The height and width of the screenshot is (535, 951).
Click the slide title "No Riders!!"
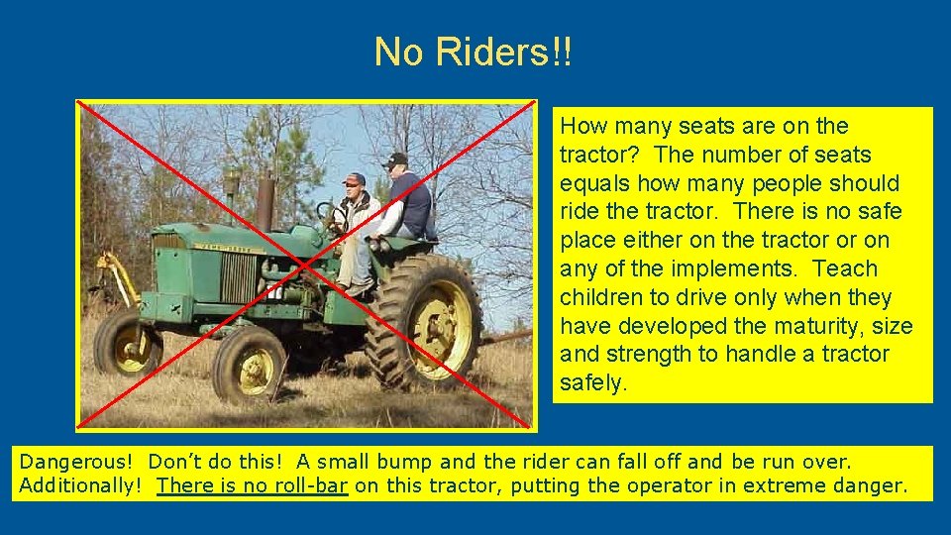[x=474, y=53]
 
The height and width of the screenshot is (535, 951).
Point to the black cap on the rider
[x=395, y=160]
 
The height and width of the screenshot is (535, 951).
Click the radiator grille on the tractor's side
[x=237, y=276]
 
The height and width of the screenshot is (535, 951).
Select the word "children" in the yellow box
[x=598, y=297]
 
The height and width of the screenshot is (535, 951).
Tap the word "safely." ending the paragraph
[x=593, y=383]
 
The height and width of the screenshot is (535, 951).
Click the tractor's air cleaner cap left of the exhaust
[x=232, y=181]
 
